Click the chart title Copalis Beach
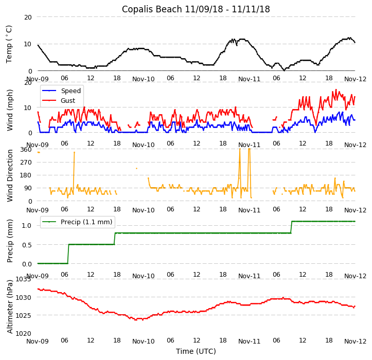click(x=196, y=9)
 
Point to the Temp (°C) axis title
click(x=9, y=44)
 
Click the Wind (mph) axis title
click(x=10, y=110)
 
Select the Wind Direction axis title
click(x=10, y=175)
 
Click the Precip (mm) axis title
click(x=10, y=241)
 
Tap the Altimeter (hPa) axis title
click(x=10, y=307)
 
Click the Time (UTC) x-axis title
click(x=196, y=351)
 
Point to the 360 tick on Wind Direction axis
click(x=26, y=149)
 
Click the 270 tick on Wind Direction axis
click(x=26, y=162)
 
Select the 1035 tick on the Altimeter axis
click(x=23, y=279)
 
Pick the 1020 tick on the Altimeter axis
click(x=23, y=333)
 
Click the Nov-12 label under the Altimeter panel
click(x=355, y=341)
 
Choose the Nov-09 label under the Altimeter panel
click(x=38, y=341)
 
